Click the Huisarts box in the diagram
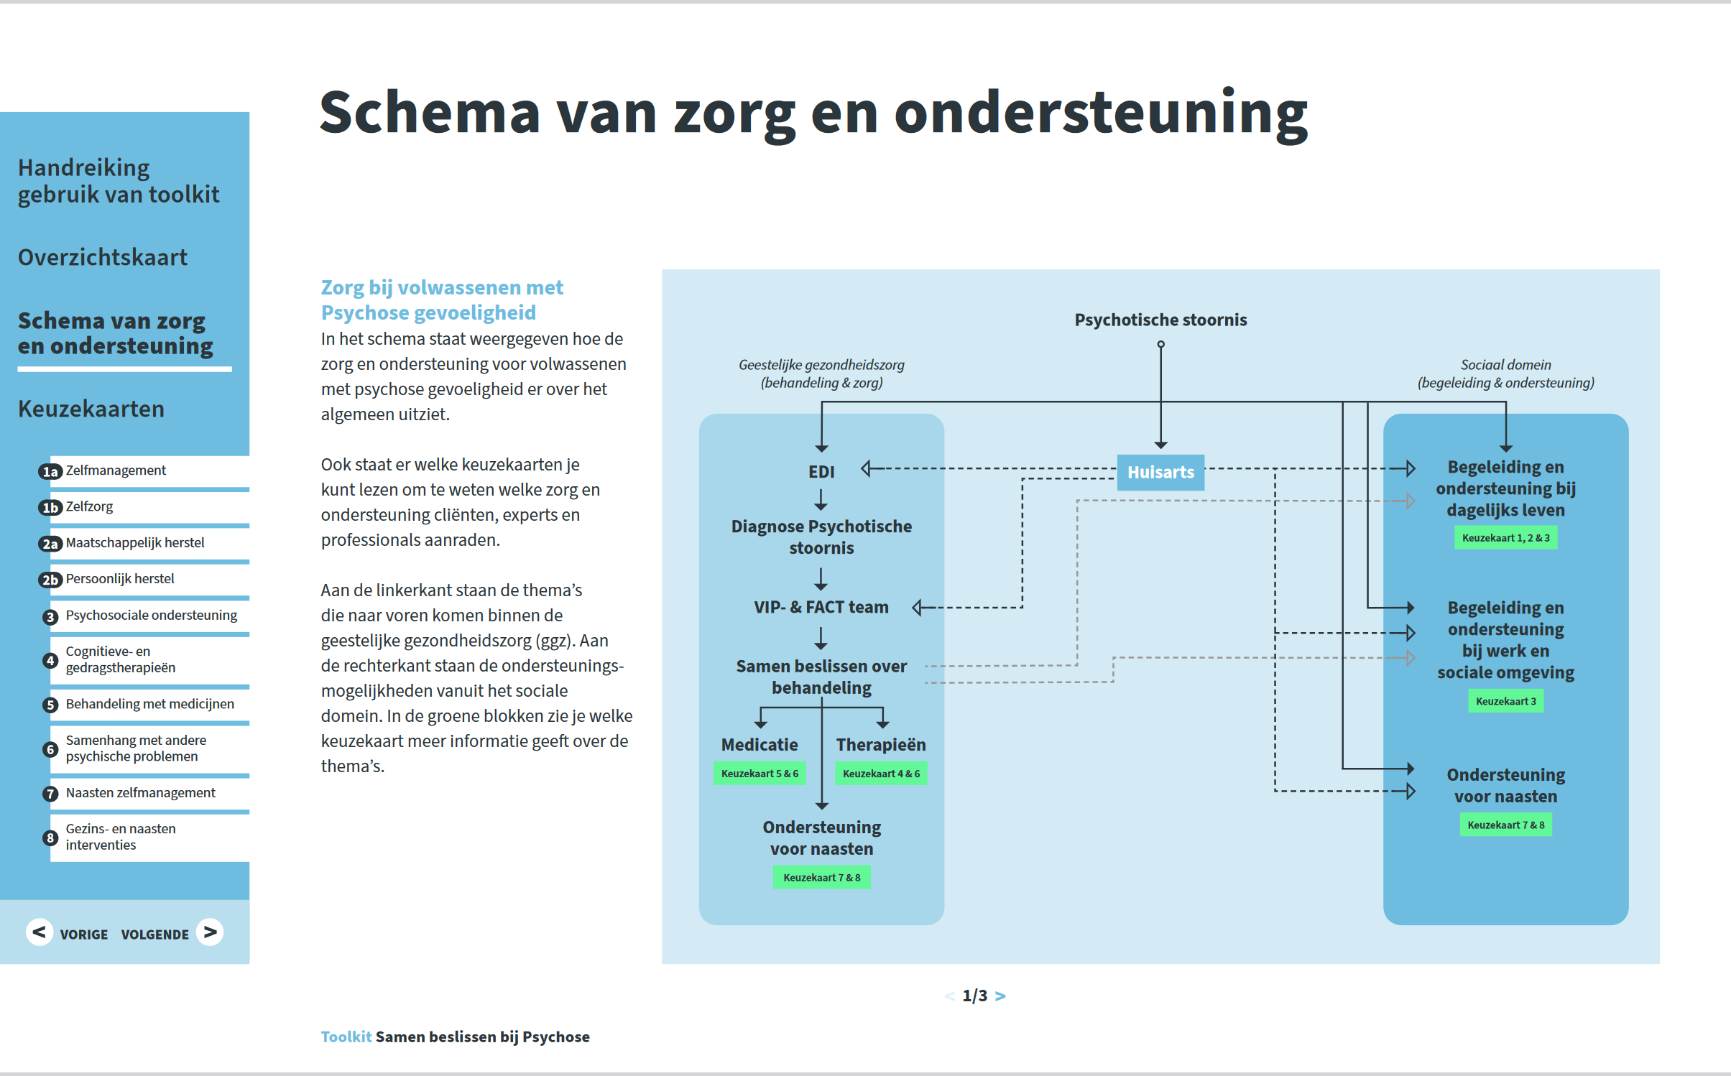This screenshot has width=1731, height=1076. pos(1160,472)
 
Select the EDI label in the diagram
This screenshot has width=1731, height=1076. pos(821,472)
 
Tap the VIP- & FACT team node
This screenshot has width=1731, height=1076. pos(821,607)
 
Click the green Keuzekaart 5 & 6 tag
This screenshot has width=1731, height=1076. pos(760,774)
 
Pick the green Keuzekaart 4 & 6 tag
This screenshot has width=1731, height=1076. pos(881,774)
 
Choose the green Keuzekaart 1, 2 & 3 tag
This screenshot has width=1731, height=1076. pos(1505,538)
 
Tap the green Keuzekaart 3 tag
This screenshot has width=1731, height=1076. pos(1505,701)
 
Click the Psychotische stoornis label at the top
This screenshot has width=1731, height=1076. pos(1160,320)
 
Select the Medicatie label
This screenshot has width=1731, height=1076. pos(760,745)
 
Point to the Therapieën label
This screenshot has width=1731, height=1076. pos(881,745)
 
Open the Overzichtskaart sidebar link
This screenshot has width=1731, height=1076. pos(103,257)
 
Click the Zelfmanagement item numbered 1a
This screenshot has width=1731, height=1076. pos(116,470)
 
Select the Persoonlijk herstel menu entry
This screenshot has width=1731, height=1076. pos(120,579)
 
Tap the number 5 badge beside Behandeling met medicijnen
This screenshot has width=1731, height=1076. pos(50,705)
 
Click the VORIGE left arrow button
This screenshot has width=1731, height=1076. pos(40,932)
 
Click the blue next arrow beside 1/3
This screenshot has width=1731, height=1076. pos(1000,996)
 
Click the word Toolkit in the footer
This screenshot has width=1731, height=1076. pos(346,1036)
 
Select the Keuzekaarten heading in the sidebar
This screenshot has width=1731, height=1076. pos(91,409)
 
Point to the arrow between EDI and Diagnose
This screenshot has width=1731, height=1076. pos(821,499)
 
